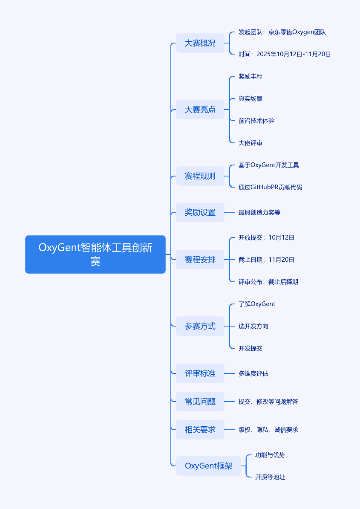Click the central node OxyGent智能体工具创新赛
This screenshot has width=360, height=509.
(95, 254)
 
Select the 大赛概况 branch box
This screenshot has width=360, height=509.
(200, 43)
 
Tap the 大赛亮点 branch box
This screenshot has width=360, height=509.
(200, 110)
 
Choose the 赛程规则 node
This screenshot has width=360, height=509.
(200, 176)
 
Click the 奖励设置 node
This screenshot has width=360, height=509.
(200, 212)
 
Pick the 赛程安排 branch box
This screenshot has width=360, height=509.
(200, 260)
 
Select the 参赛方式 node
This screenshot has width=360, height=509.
(200, 326)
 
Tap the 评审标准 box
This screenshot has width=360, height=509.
(200, 373)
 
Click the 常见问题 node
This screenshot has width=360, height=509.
(200, 402)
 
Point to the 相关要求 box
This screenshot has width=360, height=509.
(200, 430)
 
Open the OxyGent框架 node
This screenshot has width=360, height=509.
(208, 466)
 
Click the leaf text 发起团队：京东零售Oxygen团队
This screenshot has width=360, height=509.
(282, 32)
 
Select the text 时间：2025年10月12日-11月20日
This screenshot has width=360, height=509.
(285, 54)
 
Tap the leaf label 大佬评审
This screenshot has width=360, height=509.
(251, 143)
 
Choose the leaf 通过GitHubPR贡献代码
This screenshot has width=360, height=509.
(270, 187)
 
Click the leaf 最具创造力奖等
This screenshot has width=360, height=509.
(259, 212)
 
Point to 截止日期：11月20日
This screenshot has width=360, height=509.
(266, 260)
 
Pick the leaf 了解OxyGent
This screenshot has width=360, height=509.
(257, 304)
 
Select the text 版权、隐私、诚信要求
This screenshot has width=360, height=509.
(268, 430)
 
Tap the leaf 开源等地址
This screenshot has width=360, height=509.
(270, 477)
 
